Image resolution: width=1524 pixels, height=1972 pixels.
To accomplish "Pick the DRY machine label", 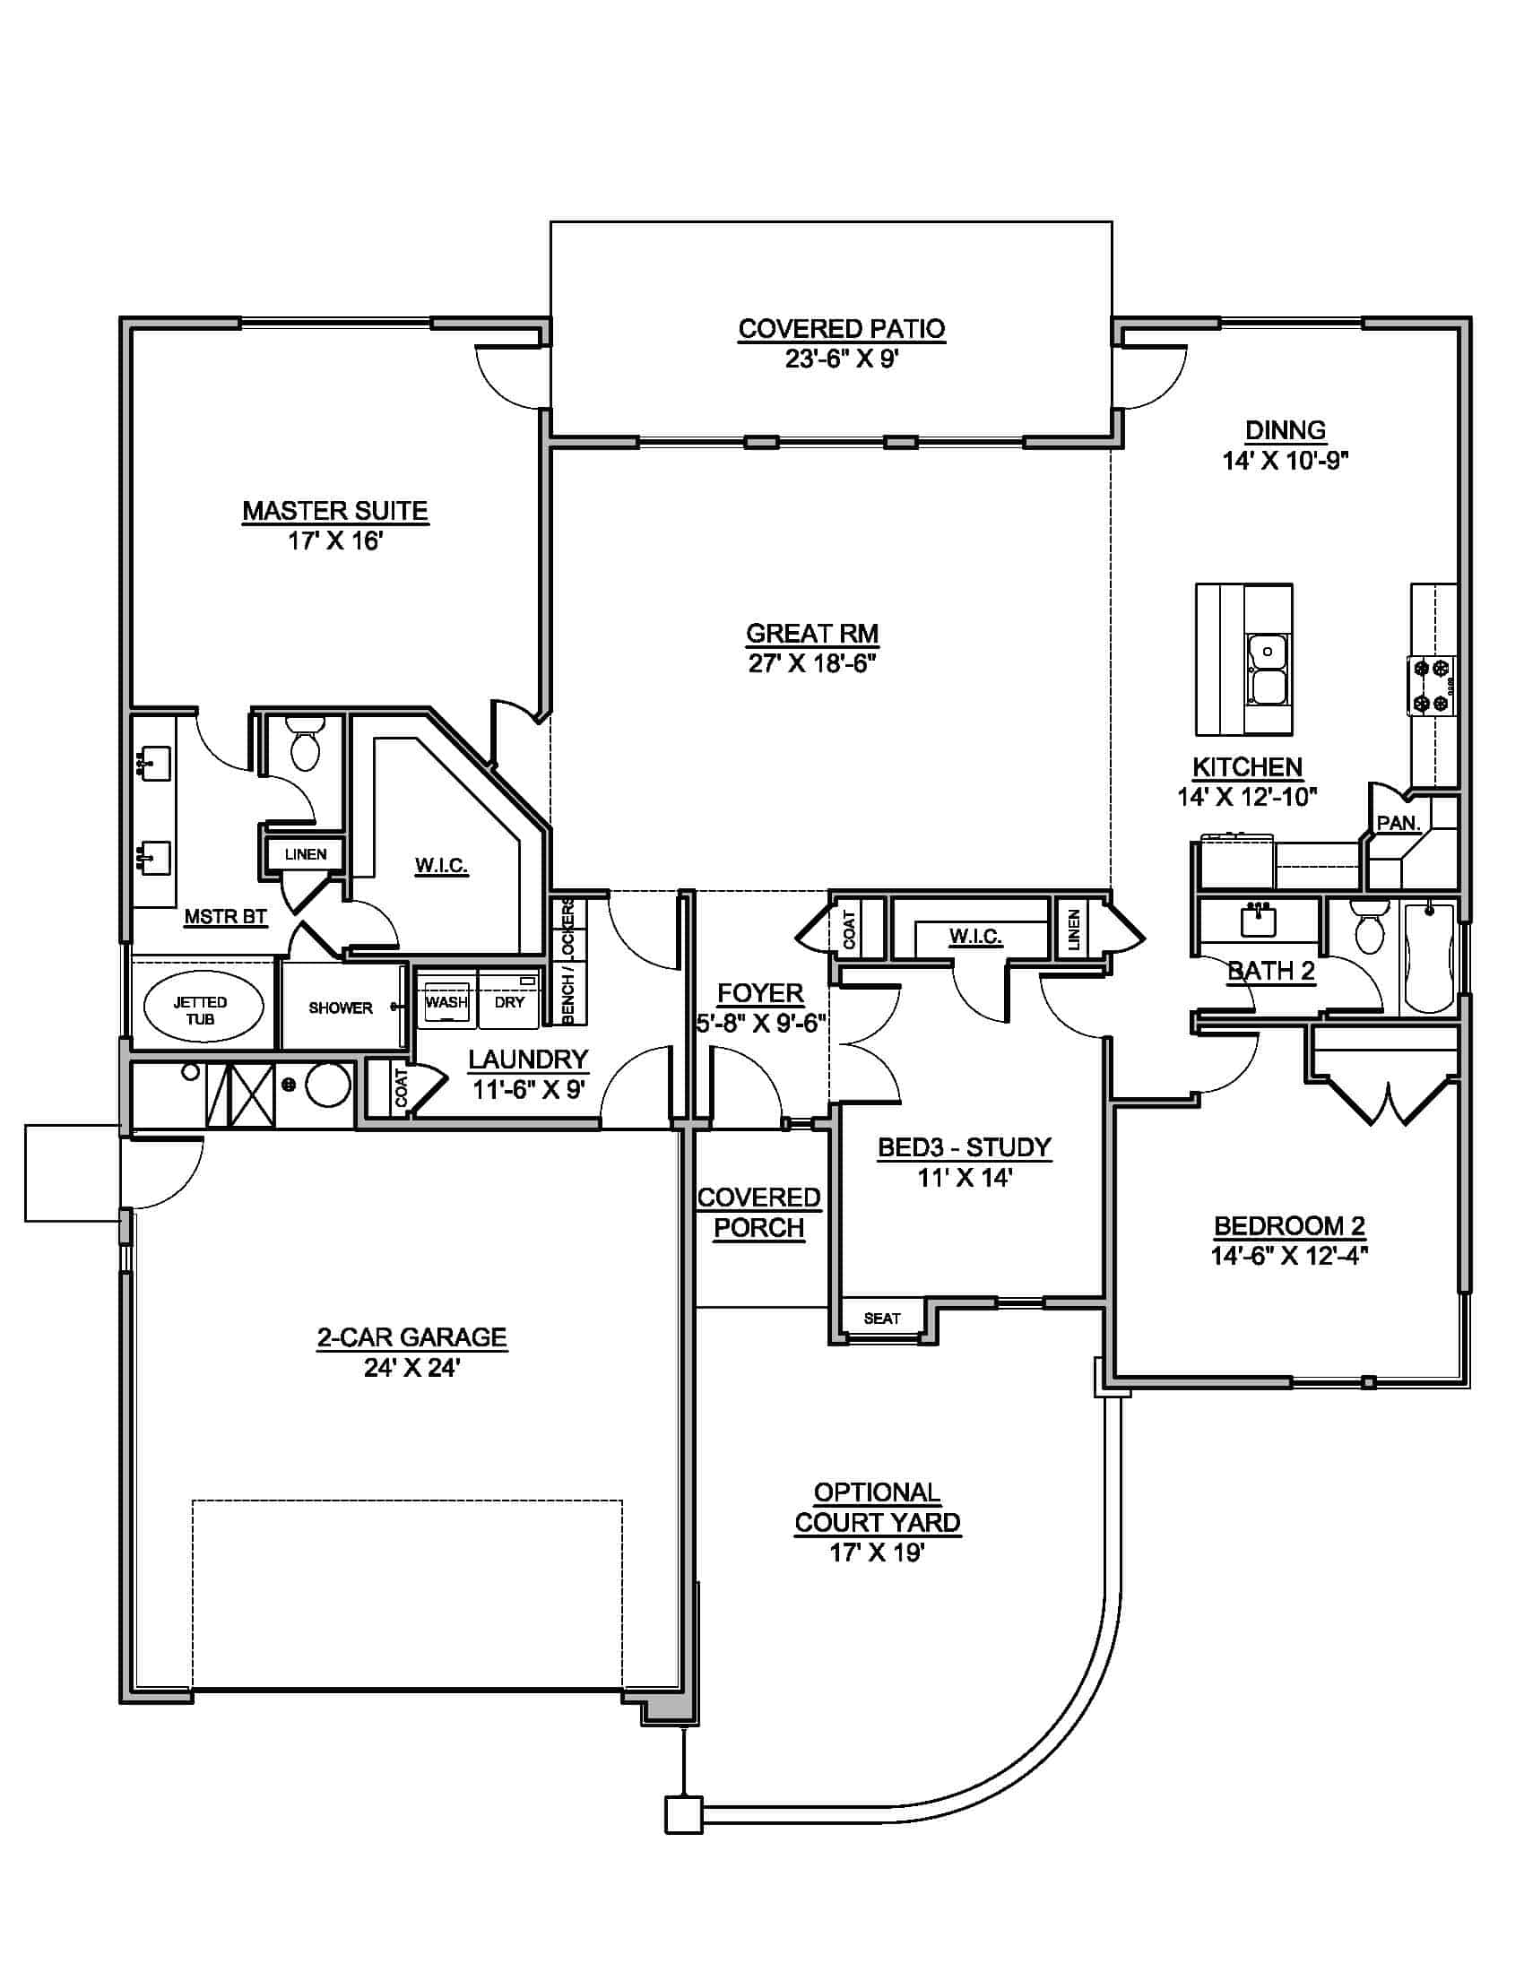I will coord(509,1001).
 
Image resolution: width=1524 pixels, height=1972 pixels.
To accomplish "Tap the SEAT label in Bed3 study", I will coord(881,1319).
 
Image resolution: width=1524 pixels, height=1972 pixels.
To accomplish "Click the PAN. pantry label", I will coord(1398,823).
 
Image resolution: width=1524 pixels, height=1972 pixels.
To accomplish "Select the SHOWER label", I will coord(341,1008).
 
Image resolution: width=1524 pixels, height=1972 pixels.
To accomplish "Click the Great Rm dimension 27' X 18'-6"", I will coord(812,663).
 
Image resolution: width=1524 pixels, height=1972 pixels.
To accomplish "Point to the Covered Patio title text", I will coord(842,329).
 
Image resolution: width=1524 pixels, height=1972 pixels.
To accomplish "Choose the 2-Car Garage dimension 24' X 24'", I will coord(412,1367).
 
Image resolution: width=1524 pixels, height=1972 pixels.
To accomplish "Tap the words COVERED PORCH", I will coord(758,1213).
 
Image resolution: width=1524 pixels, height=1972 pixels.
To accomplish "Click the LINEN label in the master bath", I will coord(305,854).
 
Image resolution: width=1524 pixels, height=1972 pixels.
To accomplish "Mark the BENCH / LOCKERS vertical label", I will coord(567,962).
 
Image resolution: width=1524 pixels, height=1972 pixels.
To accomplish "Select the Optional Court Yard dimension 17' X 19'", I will coord(877,1553).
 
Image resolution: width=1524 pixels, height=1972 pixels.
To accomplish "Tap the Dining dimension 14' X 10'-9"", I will coord(1285,461).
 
